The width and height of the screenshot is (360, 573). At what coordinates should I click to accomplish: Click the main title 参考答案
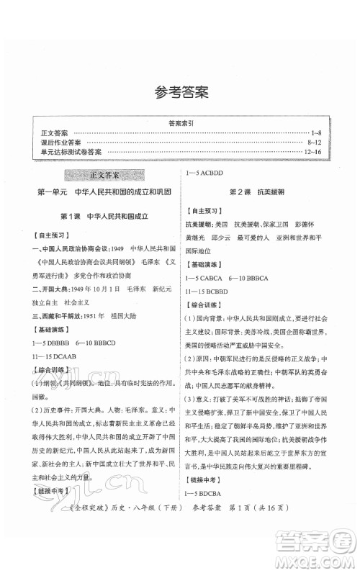coord(180,92)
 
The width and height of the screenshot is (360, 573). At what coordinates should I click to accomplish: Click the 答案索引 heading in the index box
coord(180,123)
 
